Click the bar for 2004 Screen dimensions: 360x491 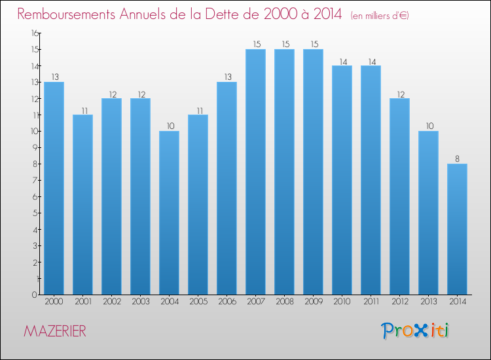[169, 213]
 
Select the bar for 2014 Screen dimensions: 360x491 [457, 229]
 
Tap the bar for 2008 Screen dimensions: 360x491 [284, 171]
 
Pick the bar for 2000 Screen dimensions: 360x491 [54, 188]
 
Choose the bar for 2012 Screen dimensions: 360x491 [399, 196]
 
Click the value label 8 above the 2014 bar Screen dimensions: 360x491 [457, 159]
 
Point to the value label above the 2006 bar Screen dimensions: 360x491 [227, 77]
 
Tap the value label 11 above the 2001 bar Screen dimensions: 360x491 [82, 110]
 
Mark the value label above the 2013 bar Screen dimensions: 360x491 [428, 126]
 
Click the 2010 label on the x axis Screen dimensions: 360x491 [342, 301]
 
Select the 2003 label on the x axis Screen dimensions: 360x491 [140, 301]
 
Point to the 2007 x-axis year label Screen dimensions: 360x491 [255, 301]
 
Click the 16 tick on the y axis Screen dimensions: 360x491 [33, 33]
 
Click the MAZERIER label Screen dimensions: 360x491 [55, 331]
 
